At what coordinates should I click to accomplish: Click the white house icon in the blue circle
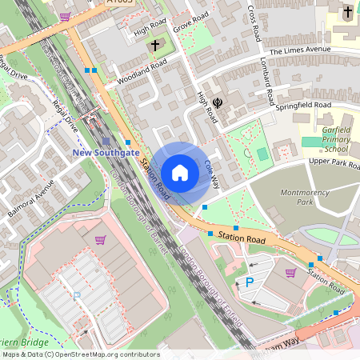pyautogui.click(x=180, y=173)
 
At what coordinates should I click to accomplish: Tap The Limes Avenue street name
pyautogui.click(x=301, y=50)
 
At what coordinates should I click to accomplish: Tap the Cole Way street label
pyautogui.click(x=212, y=172)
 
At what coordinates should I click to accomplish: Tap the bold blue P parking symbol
pyautogui.click(x=249, y=282)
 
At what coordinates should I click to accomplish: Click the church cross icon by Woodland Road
pyautogui.click(x=154, y=46)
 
